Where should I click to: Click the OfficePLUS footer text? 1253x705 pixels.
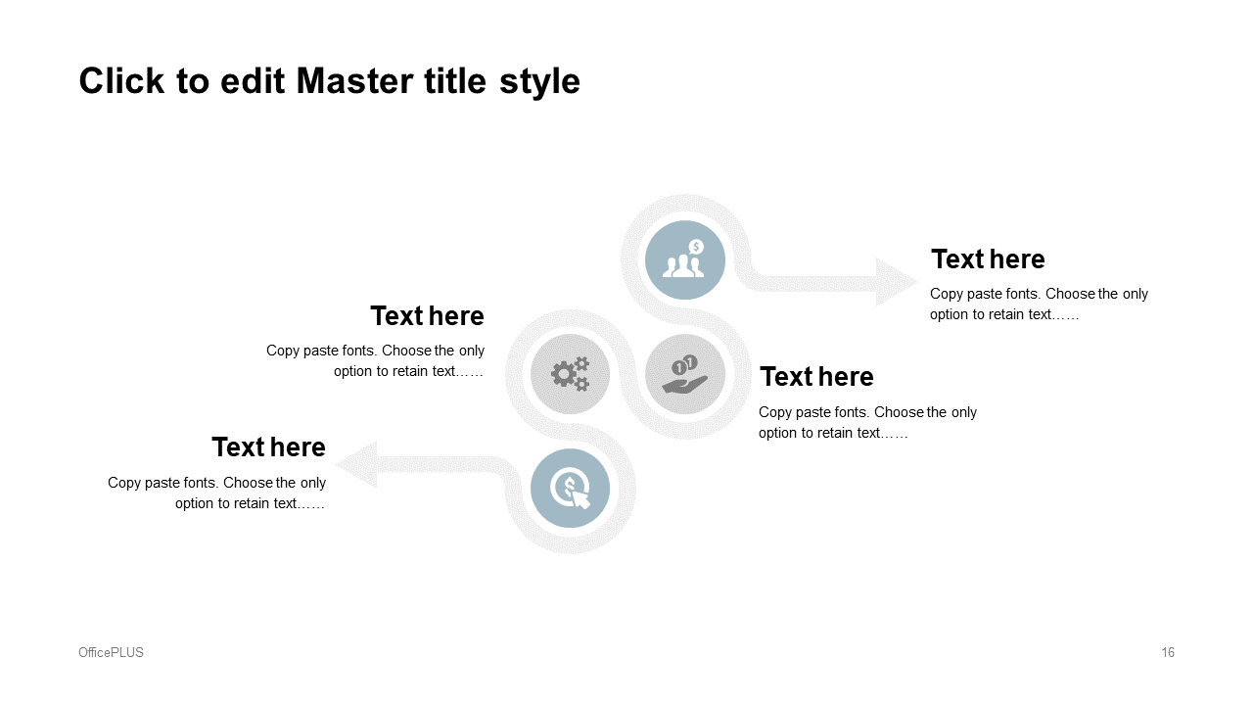[x=111, y=652]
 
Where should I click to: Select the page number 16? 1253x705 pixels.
[x=1168, y=652]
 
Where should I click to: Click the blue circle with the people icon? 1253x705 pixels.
[x=684, y=260]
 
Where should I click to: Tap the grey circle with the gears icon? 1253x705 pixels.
[x=570, y=374]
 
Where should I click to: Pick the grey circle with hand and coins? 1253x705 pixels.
[x=684, y=374]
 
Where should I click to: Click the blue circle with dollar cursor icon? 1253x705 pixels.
[x=570, y=488]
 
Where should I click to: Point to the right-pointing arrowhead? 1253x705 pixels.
[x=896, y=282]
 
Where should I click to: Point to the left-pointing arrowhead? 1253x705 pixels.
[x=357, y=464]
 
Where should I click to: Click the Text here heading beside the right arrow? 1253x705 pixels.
[x=988, y=259]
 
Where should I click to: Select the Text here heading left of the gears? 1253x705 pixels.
[x=428, y=316]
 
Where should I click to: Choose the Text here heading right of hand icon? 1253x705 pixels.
[x=816, y=377]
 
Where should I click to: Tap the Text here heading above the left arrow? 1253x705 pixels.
[x=268, y=447]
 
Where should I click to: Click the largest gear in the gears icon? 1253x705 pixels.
[x=563, y=373]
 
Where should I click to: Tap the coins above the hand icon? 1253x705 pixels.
[x=684, y=365]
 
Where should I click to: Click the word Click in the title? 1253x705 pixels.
[x=121, y=81]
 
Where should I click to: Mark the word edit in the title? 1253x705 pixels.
[x=253, y=81]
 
